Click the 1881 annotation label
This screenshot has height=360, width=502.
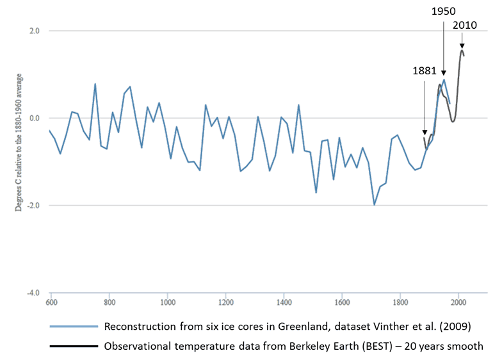pos(425,70)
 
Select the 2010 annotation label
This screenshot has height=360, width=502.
pos(464,26)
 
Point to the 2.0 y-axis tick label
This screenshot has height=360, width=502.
pos(33,31)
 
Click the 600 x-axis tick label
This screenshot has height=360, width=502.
pos(51,301)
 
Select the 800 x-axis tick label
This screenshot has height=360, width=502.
pos(109,301)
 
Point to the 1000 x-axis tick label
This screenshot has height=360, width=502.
pos(167,301)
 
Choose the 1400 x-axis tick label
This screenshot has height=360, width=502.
pos(284,301)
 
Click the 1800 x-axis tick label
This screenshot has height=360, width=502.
pos(400,301)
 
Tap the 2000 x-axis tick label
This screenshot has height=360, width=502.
pos(458,301)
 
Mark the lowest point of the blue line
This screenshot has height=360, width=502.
pos(375,205)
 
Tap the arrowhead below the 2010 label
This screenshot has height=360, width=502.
pos(461,45)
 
